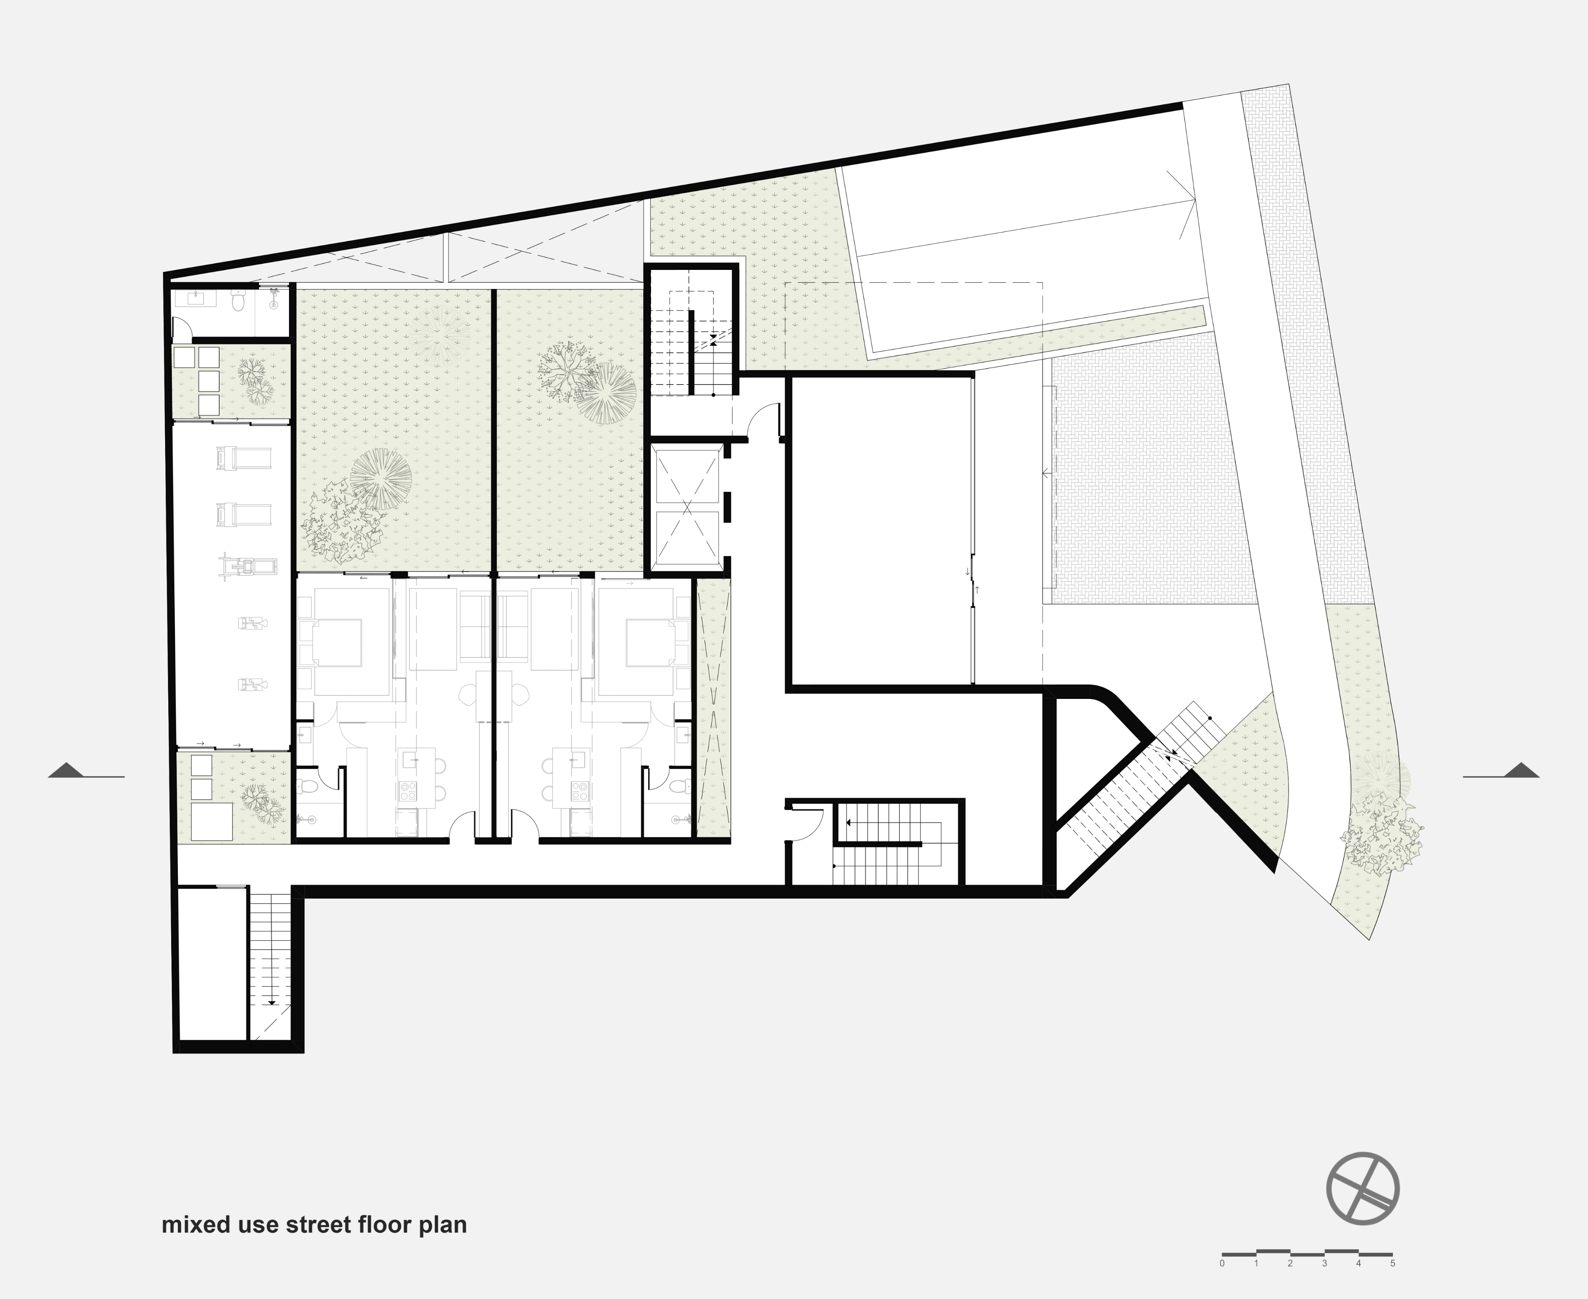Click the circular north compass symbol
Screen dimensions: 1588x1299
click(x=1363, y=1188)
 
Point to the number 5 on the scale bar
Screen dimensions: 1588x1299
click(x=1393, y=1264)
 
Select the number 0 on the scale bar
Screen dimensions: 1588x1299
click(x=1222, y=1264)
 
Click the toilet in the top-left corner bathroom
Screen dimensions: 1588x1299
click(x=237, y=302)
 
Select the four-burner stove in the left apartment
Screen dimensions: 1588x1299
click(x=408, y=791)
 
